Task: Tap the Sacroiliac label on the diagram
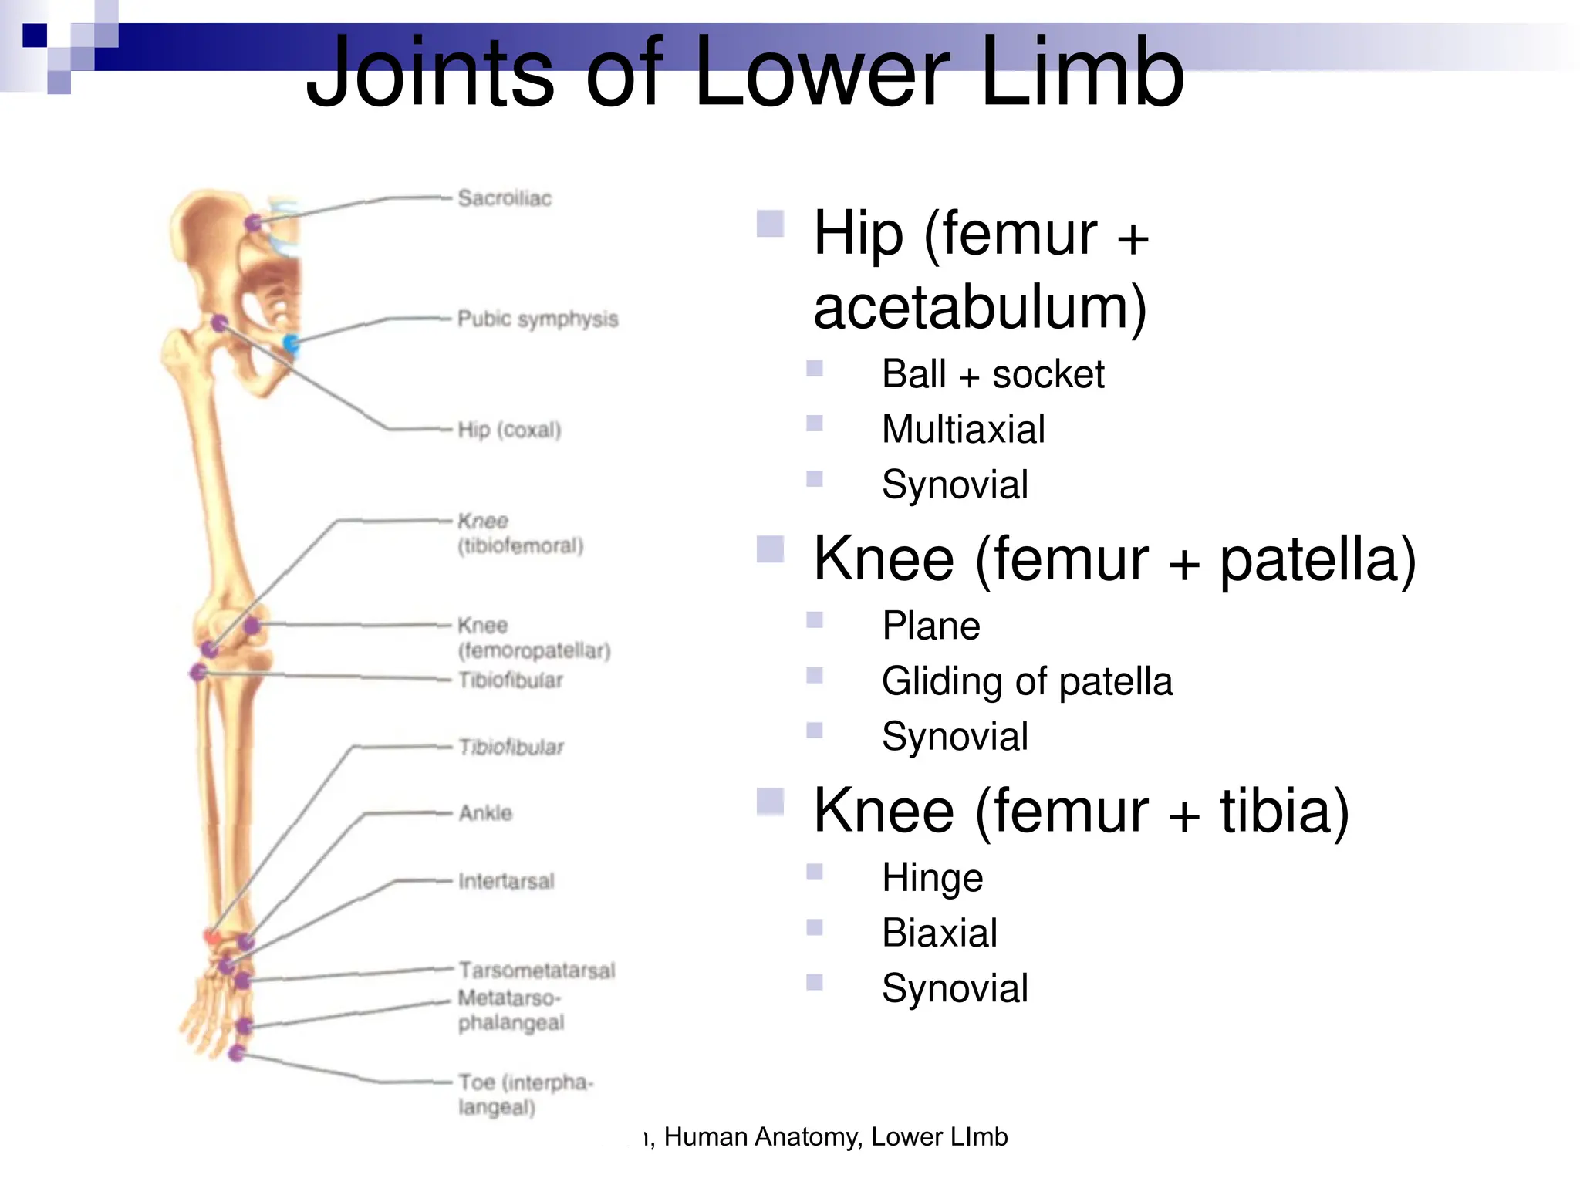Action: point(505,198)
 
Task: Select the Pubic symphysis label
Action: point(538,319)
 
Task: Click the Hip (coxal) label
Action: point(509,430)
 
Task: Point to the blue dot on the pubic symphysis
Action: point(291,342)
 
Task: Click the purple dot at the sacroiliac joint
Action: point(252,224)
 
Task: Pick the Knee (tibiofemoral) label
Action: point(520,533)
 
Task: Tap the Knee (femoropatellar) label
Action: point(534,638)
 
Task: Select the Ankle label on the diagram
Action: point(485,812)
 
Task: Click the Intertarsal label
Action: point(506,881)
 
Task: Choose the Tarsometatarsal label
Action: point(537,970)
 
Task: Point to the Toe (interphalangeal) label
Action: point(525,1094)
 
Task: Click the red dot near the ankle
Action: point(211,937)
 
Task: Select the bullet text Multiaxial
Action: point(963,429)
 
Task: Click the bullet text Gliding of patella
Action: point(1027,681)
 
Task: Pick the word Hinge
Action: point(932,878)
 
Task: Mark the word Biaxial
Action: point(939,933)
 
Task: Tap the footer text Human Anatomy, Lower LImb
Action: point(836,1136)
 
